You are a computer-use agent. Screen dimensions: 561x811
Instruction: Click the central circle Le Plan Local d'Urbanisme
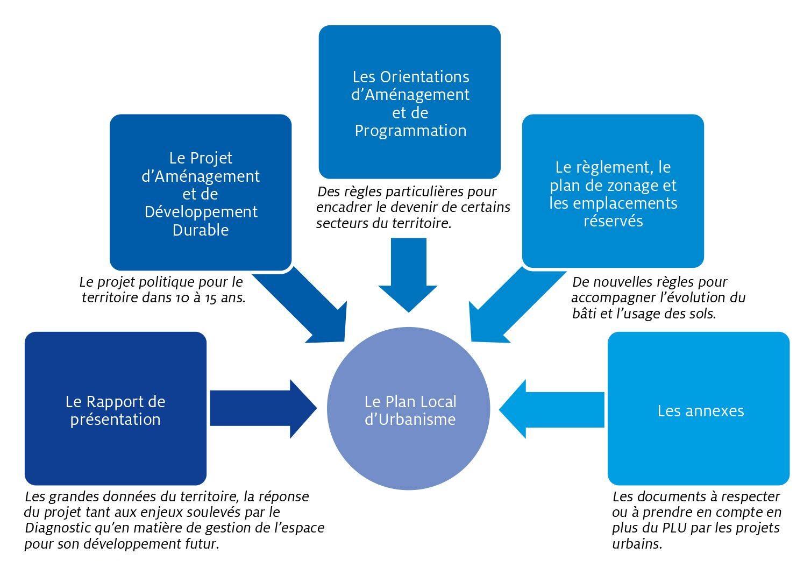409,409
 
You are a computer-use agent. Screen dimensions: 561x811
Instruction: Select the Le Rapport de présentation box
115,409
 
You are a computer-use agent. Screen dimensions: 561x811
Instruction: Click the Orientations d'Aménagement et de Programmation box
409,102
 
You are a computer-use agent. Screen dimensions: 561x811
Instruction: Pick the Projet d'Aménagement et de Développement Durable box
200,192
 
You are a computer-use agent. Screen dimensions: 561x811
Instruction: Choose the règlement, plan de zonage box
613,191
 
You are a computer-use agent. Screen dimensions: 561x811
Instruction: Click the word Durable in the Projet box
201,230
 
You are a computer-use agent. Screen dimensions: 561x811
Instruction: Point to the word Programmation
410,131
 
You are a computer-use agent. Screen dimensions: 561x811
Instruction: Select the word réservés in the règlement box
613,221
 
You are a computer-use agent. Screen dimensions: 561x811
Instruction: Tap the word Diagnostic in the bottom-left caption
58,528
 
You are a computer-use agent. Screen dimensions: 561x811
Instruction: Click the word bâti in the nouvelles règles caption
585,313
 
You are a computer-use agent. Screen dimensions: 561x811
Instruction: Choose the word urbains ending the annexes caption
637,543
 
